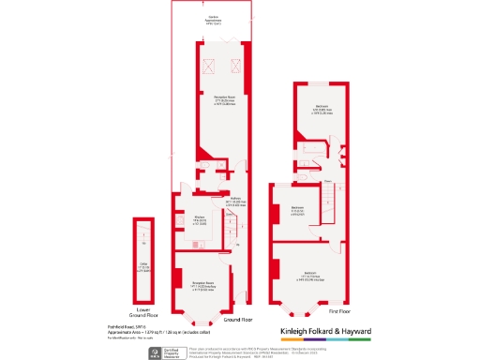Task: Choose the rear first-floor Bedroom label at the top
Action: click(x=322, y=109)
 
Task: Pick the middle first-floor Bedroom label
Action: click(x=298, y=209)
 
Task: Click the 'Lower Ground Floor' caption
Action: click(x=142, y=313)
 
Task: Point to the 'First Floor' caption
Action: click(x=337, y=310)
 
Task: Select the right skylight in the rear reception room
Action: click(x=235, y=66)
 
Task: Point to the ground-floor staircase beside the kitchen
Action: click(x=228, y=225)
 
